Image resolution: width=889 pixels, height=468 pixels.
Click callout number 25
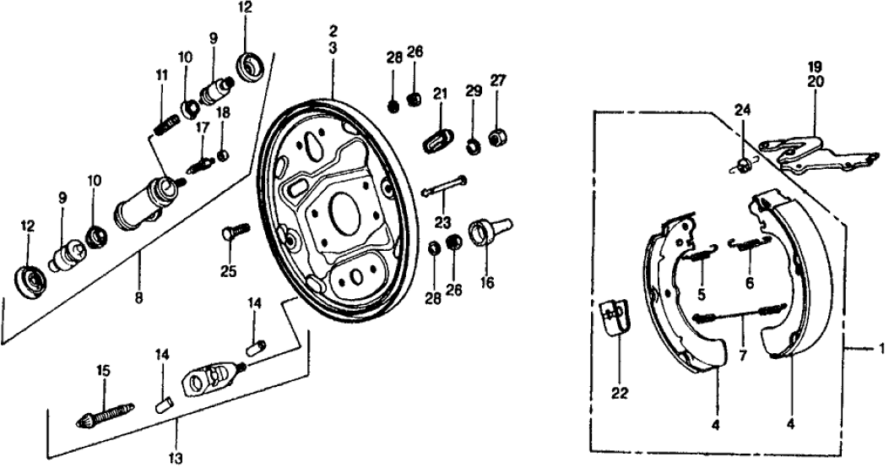(x=225, y=271)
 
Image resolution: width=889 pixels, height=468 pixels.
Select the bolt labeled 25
(x=235, y=231)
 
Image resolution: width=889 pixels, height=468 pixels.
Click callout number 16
(x=486, y=283)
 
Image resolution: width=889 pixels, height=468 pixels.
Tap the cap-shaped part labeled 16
(x=489, y=230)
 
